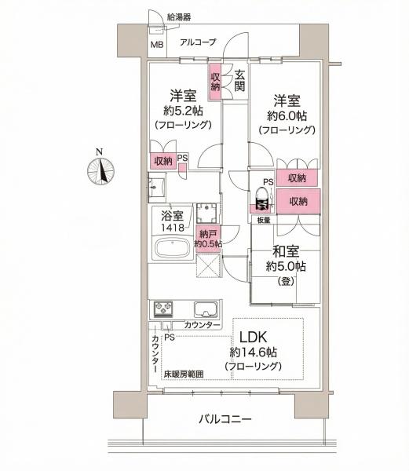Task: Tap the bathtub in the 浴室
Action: [172, 249]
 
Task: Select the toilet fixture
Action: [262, 199]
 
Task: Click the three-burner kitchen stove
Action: [163, 309]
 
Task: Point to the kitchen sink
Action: [206, 309]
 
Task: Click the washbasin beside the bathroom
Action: [156, 187]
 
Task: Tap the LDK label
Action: [253, 338]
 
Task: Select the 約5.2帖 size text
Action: [183, 111]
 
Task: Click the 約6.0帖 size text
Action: [287, 115]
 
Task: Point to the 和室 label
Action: [286, 251]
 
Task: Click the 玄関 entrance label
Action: [239, 81]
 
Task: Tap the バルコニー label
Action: [225, 419]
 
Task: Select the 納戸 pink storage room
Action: [208, 239]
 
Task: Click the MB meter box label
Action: [157, 45]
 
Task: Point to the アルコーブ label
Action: [198, 42]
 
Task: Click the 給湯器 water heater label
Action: [179, 17]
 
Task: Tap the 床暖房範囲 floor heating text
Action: [184, 374]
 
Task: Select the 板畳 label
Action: [264, 220]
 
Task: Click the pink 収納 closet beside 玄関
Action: [215, 82]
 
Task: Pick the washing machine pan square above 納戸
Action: [206, 213]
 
